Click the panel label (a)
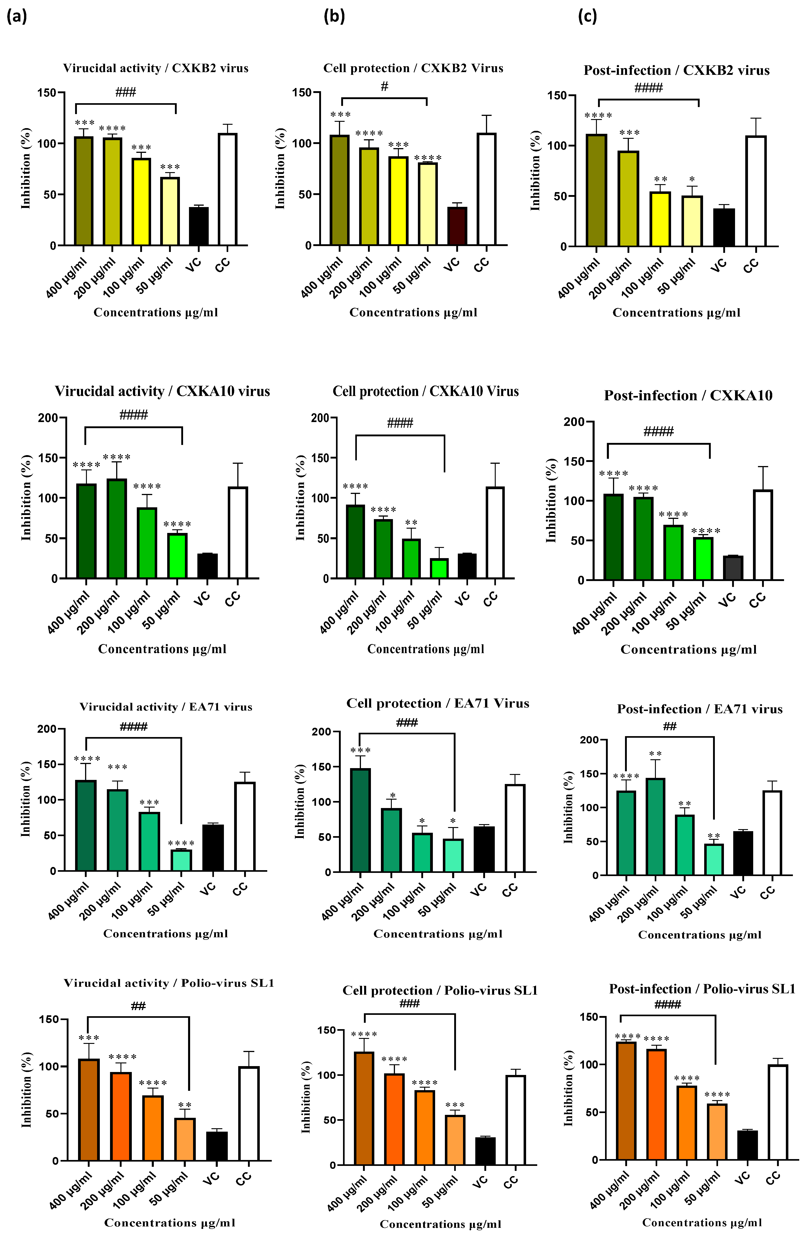tap(17, 17)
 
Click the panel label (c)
tap(587, 17)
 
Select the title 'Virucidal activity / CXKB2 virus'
tap(156, 68)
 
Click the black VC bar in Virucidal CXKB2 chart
tap(199, 226)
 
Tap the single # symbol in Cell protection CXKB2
tap(385, 86)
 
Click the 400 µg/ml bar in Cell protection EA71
tap(360, 820)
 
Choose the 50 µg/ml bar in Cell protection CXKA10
tap(440, 569)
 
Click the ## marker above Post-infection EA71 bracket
tap(669, 726)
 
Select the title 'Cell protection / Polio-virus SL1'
tap(440, 991)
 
